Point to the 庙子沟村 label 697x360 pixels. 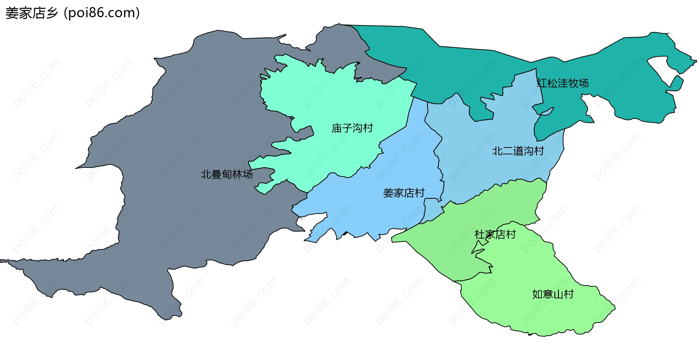pos(352,128)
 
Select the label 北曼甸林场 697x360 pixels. pos(227,174)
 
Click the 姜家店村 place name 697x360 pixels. pos(404,193)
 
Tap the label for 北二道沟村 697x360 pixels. pos(518,151)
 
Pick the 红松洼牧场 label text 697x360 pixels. pos(563,83)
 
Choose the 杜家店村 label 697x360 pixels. pos(495,235)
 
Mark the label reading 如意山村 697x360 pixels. pos(553,294)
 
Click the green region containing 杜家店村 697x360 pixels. pos(508,203)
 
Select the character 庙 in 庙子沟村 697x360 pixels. pos(337,128)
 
